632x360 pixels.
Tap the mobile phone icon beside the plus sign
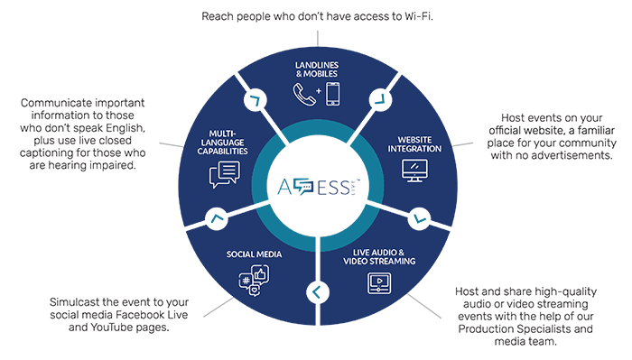(332, 92)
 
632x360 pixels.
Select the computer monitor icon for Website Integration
(414, 170)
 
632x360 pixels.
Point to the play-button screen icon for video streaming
(378, 284)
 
